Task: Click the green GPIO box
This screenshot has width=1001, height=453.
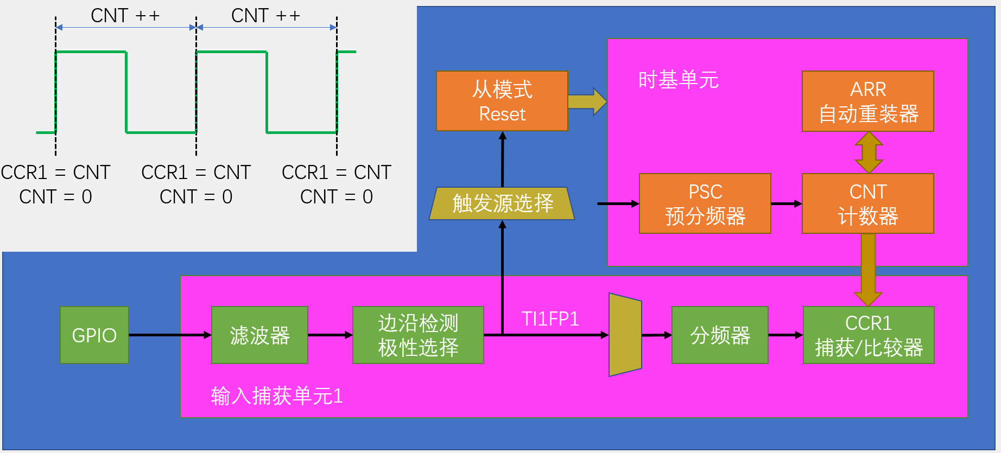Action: [x=94, y=335]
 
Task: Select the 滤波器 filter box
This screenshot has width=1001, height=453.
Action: [x=259, y=335]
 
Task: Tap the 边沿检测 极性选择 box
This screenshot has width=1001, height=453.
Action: [x=418, y=335]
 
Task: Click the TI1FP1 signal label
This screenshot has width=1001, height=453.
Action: [x=550, y=318]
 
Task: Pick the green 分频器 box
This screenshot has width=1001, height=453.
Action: [x=720, y=335]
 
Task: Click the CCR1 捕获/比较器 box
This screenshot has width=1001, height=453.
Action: [x=869, y=335]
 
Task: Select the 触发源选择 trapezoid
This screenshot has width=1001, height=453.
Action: [x=502, y=203]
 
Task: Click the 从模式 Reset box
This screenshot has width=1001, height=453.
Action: [x=502, y=101]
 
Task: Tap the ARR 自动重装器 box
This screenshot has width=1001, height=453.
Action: [x=868, y=101]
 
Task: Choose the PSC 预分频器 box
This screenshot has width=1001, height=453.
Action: [x=705, y=203]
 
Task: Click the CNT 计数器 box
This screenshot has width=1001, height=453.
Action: [x=868, y=203]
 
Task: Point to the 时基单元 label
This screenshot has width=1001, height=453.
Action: [x=678, y=80]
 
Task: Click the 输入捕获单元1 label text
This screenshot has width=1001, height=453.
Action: [x=277, y=395]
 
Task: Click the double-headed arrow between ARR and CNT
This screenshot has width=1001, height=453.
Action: [x=869, y=152]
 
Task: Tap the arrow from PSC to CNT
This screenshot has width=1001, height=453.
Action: [x=786, y=204]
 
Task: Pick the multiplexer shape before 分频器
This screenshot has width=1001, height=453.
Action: [x=625, y=335]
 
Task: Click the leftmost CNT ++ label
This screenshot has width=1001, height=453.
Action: [x=125, y=16]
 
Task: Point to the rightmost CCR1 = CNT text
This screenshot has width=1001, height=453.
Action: [x=337, y=172]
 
